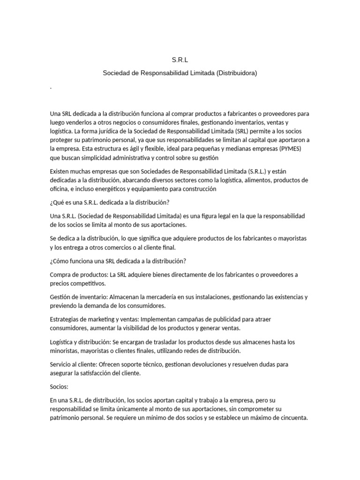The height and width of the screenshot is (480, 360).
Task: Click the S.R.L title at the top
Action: point(180,60)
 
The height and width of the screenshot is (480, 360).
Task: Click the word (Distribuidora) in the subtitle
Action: point(238,74)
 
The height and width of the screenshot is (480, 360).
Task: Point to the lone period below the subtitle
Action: point(50,88)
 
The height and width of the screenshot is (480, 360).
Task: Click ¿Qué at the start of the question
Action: point(57,202)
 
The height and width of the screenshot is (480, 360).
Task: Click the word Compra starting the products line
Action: point(60,274)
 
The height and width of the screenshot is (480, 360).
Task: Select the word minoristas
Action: point(65,351)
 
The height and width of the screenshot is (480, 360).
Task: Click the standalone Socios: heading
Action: point(59,387)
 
